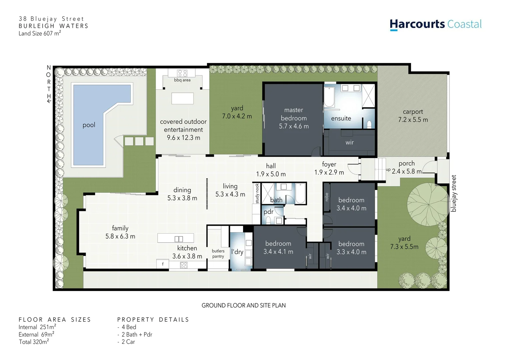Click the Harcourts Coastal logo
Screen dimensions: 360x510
(x=435, y=24)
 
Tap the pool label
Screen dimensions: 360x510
(x=89, y=125)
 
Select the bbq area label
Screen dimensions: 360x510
(x=182, y=80)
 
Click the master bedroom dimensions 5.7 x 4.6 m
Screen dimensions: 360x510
(x=294, y=126)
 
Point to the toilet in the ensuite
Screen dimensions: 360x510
(x=369, y=124)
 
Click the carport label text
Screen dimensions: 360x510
(x=413, y=112)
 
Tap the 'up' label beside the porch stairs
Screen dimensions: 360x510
(x=388, y=170)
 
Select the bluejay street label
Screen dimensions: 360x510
(x=454, y=193)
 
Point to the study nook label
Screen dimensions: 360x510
(x=257, y=193)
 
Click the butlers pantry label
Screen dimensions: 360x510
(x=218, y=254)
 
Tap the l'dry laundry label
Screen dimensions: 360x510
(x=237, y=252)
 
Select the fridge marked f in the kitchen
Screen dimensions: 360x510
(x=163, y=264)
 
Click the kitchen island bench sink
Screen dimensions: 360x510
(x=179, y=239)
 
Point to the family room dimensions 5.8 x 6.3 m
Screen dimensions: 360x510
(x=120, y=236)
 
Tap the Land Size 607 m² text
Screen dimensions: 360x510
(x=40, y=33)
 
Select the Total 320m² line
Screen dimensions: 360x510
(x=34, y=342)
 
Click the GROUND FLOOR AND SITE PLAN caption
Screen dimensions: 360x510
(x=243, y=305)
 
